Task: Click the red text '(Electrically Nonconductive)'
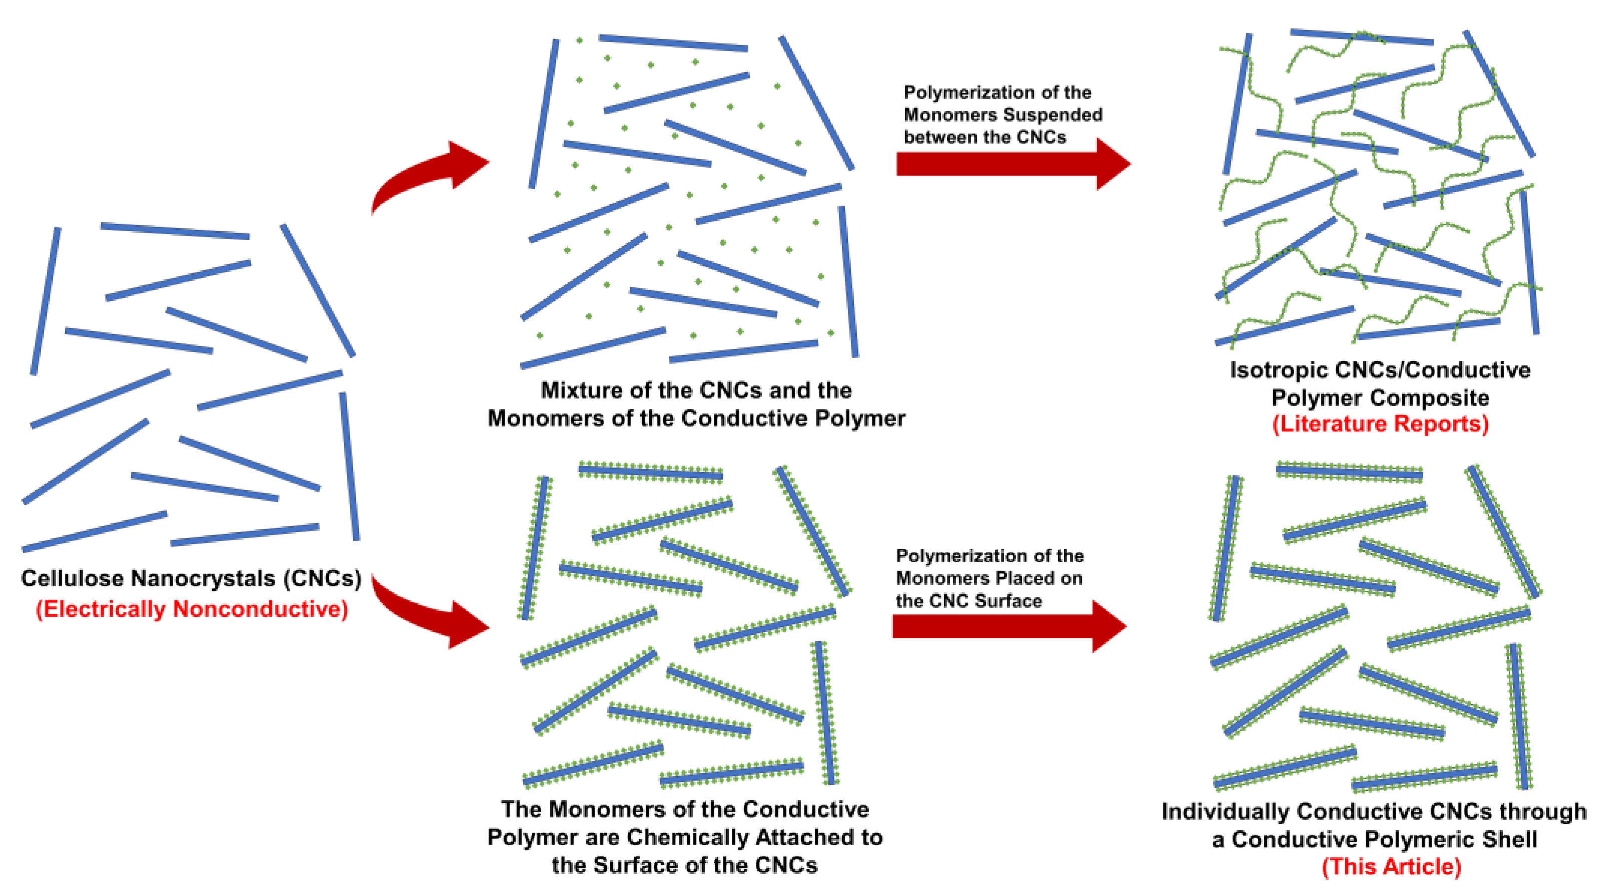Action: tap(191, 609)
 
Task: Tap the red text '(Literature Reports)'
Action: tap(1380, 424)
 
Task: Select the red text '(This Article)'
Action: tap(1391, 866)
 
